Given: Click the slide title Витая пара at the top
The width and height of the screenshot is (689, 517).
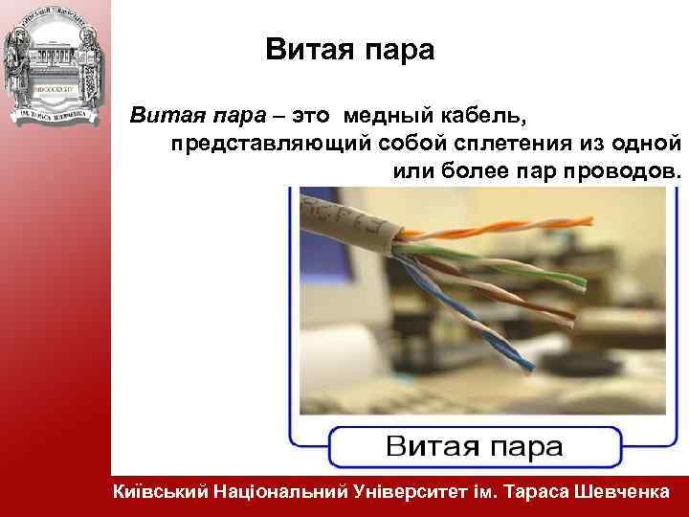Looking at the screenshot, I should coord(350,50).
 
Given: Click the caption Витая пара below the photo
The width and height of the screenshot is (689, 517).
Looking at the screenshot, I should coord(475,446).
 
